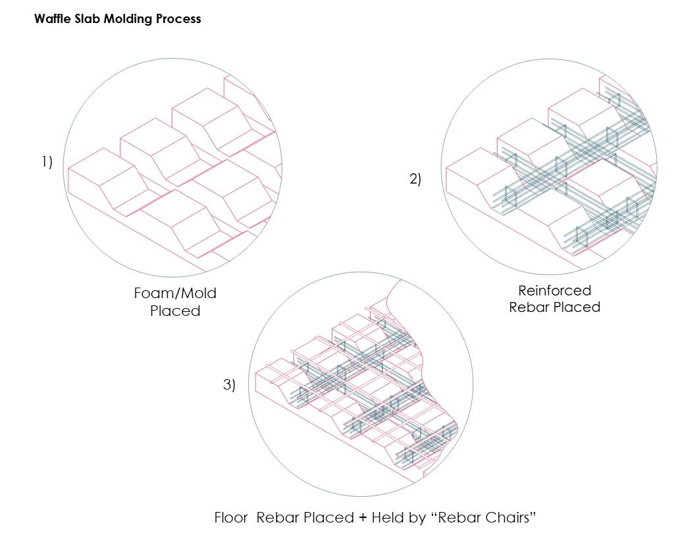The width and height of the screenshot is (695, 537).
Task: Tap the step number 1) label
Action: coord(47,162)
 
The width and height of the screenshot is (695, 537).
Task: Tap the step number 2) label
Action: coord(415,178)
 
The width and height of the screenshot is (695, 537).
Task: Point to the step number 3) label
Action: coord(228,385)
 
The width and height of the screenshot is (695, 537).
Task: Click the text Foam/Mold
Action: coord(174,294)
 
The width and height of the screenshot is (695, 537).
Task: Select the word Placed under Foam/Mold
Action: coord(174,311)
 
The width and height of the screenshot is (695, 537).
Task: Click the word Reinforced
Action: coord(554,290)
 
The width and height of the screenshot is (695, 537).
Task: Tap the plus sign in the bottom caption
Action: coord(362,517)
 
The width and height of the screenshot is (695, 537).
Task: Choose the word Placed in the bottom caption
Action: coord(330,517)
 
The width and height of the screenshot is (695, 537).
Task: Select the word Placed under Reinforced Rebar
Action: coord(578,307)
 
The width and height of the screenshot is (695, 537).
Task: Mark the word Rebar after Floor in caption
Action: coord(278,517)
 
